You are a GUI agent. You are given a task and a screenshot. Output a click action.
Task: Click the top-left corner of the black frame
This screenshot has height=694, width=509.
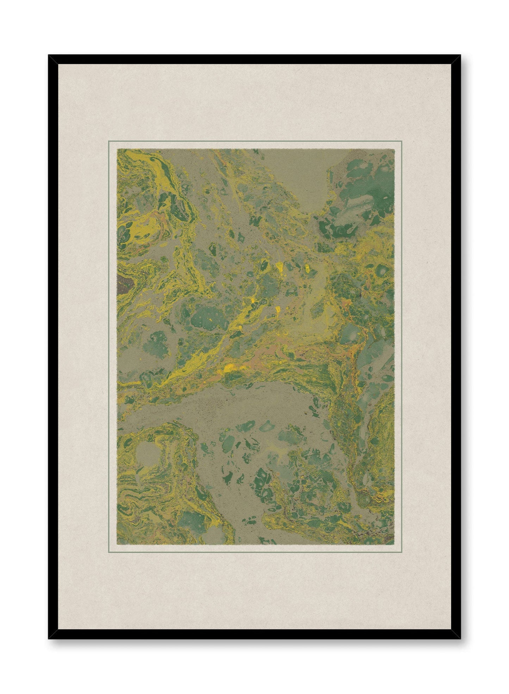click(x=49, y=56)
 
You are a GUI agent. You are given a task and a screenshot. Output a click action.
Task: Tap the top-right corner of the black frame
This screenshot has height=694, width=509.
click(x=460, y=56)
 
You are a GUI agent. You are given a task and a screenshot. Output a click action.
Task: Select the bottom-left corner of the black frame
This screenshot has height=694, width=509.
click(x=49, y=638)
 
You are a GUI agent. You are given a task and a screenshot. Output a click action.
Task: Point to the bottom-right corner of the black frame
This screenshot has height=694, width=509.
click(x=460, y=638)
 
